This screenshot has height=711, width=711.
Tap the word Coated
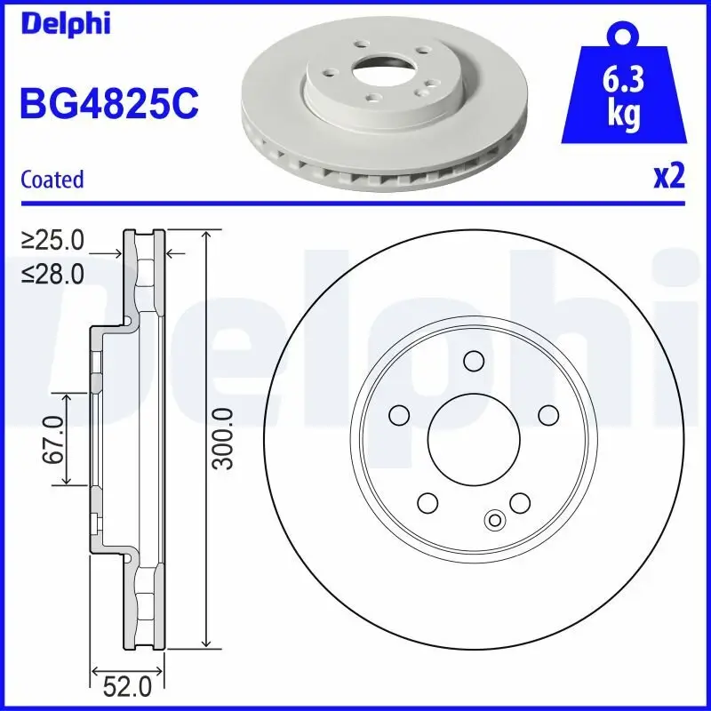52,179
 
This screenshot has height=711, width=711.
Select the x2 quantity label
668,177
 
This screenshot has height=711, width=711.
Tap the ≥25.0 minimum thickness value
52,240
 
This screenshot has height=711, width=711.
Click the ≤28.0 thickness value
52,274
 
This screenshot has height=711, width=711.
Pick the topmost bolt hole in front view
473,360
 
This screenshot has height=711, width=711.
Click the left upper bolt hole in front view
398,414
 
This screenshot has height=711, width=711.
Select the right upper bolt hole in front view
548,414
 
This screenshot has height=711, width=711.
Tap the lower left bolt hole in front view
427,503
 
